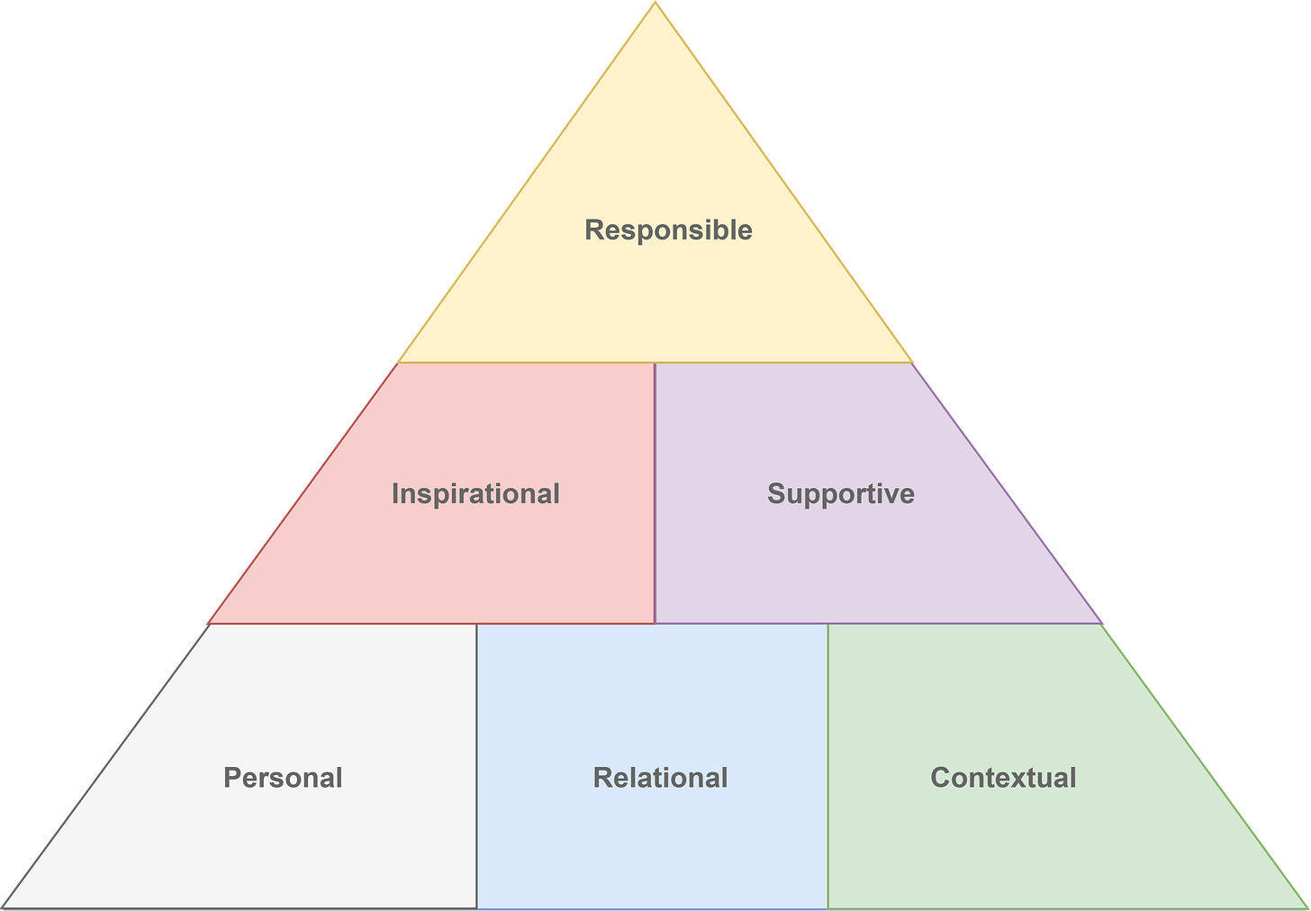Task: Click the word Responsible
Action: point(668,230)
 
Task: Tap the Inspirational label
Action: point(475,493)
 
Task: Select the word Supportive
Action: point(841,493)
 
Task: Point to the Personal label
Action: point(283,778)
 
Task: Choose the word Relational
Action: point(660,778)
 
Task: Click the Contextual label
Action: point(1003,778)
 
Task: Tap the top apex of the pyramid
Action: point(655,4)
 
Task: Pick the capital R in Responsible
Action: point(594,230)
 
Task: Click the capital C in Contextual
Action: point(941,778)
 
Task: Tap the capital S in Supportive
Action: point(776,493)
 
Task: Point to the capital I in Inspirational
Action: point(394,493)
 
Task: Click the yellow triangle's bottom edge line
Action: point(655,363)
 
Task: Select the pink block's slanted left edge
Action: point(302,493)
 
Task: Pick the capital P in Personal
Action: point(232,778)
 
